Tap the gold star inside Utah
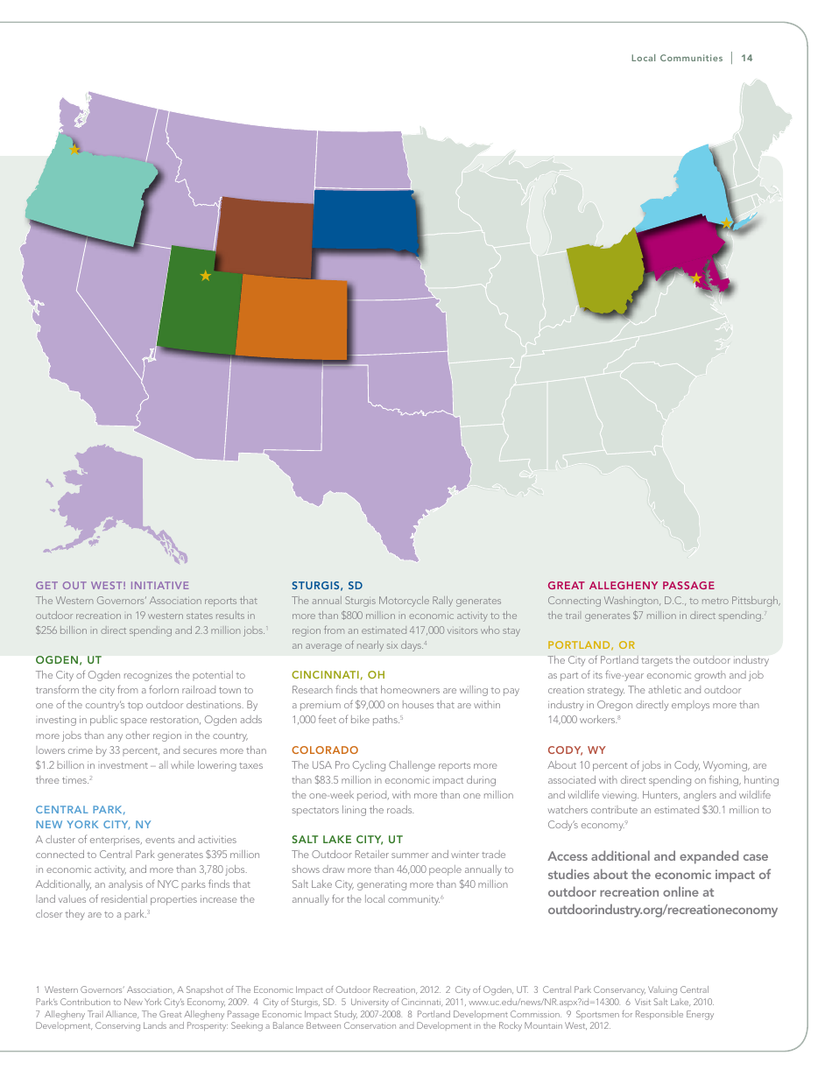pyautogui.click(x=206, y=276)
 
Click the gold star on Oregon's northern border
pyautogui.click(x=74, y=151)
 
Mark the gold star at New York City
pyautogui.click(x=726, y=224)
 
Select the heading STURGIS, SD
pyautogui.click(x=327, y=586)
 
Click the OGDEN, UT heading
pyautogui.click(x=68, y=660)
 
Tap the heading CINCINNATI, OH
pyautogui.click(x=338, y=675)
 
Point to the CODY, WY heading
pyautogui.click(x=576, y=750)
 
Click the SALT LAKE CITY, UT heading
pyautogui.click(x=347, y=840)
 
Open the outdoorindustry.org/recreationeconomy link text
pyautogui.click(x=662, y=910)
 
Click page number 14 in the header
pyautogui.click(x=746, y=59)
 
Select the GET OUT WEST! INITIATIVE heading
pyautogui.click(x=112, y=586)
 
